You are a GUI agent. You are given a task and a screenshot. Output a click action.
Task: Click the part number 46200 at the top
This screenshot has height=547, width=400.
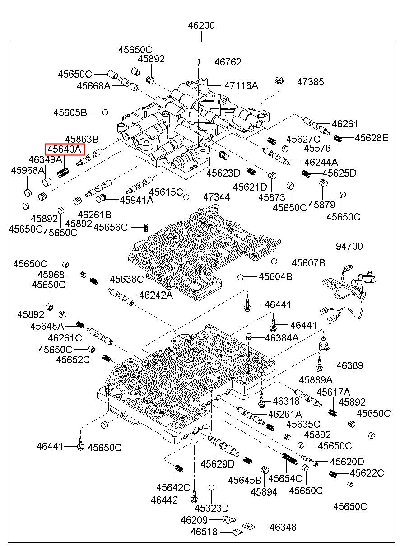201,26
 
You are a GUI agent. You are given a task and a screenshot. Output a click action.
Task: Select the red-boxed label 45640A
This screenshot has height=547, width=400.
65,150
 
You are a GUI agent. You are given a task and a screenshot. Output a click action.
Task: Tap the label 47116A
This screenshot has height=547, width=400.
241,85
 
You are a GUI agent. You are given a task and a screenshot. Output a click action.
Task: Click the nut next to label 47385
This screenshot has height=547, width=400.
278,82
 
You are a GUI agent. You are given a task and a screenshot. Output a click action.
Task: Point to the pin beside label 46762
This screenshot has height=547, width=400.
199,61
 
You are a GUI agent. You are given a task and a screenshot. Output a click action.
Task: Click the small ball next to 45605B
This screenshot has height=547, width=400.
105,112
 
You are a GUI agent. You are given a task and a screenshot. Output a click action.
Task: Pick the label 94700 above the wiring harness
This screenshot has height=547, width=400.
349,246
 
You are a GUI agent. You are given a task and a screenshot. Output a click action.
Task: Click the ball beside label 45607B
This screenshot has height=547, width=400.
274,261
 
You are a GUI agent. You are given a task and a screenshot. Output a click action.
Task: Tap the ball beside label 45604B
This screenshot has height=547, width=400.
241,276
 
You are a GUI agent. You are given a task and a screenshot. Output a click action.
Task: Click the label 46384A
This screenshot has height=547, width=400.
282,337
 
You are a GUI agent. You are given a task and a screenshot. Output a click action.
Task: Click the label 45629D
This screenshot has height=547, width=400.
218,464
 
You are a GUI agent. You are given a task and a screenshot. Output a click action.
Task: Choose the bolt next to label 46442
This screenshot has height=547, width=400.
194,498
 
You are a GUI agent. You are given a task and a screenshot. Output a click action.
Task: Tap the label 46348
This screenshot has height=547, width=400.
283,527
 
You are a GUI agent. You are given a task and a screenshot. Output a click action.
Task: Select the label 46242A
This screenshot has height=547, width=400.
156,295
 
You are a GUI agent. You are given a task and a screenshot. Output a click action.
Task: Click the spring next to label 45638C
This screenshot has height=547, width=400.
94,281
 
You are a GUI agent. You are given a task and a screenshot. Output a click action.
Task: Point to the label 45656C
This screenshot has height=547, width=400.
111,227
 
